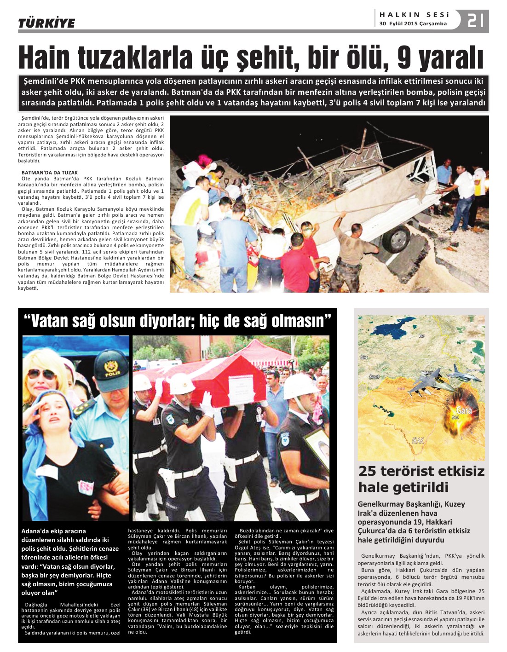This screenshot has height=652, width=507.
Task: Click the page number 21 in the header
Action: pos(476,21)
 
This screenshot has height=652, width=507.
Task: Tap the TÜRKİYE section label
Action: pos(46,23)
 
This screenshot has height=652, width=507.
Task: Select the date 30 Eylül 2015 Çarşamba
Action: pos(413,24)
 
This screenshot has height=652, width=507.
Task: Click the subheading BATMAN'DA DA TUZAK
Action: pos(50,173)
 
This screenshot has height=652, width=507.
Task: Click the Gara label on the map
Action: pos(464,410)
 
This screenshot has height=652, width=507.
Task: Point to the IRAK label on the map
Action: pos(418,440)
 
